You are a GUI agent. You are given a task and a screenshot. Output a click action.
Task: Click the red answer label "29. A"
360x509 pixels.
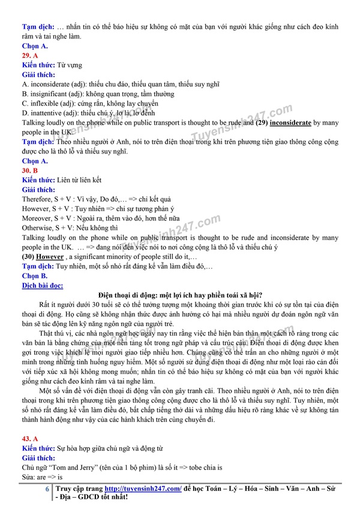pyautogui.click(x=31, y=55)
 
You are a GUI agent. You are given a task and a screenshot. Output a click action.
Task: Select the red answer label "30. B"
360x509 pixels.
pyautogui.click(x=31, y=170)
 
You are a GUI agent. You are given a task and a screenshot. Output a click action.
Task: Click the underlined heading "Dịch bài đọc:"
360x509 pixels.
pyautogui.click(x=43, y=285)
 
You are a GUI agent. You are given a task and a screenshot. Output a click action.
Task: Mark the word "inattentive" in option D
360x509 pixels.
pyautogui.click(x=47, y=113)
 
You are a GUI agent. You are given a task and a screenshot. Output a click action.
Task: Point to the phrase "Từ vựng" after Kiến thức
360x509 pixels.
pyautogui.click(x=70, y=65)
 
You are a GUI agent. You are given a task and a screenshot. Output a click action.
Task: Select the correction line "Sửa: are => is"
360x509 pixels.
pyautogui.click(x=43, y=477)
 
